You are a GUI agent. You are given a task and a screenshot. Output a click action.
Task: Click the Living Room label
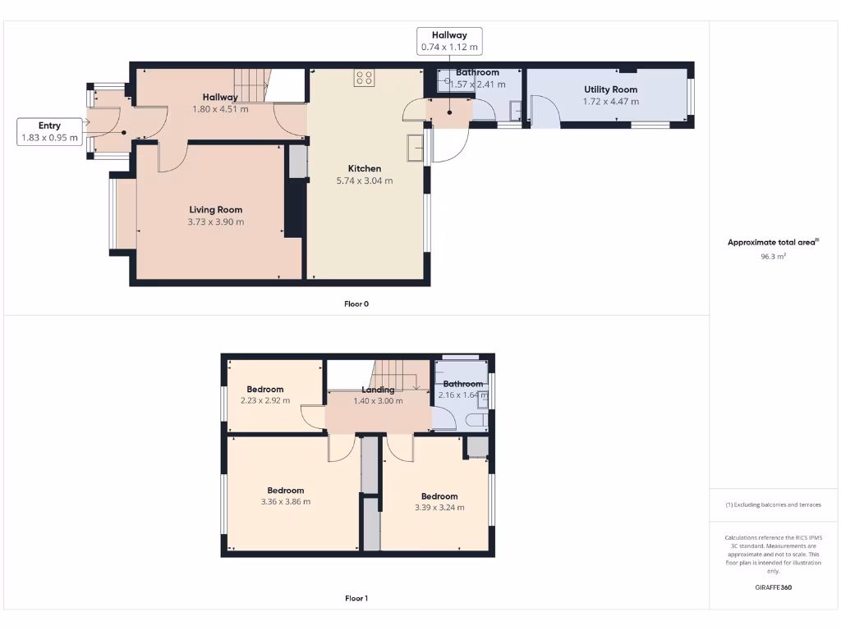216,209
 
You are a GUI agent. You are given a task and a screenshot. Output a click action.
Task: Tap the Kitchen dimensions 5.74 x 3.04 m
365,180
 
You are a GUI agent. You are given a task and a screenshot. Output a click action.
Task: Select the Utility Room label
610,89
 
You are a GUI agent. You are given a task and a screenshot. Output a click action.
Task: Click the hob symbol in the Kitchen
365,78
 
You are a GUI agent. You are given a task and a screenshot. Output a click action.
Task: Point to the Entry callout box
49,131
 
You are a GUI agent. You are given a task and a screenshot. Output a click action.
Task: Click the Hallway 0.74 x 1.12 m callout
449,41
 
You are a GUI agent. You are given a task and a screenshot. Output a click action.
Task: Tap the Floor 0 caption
356,304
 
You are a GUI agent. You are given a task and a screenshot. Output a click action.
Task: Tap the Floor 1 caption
356,599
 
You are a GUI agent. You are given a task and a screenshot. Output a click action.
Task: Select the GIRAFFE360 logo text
773,587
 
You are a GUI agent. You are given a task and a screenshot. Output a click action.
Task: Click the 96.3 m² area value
773,257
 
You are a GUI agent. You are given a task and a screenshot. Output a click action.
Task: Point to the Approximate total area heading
772,242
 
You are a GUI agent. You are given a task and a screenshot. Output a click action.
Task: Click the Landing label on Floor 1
378,390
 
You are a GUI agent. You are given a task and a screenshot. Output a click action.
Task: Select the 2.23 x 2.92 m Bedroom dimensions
264,401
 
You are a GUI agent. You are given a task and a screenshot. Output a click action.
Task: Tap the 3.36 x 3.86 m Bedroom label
285,491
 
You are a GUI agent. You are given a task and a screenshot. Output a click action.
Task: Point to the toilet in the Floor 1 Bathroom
476,421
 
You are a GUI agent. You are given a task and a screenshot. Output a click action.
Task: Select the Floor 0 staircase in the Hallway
252,84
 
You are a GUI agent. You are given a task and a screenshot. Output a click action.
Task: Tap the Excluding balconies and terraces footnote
773,504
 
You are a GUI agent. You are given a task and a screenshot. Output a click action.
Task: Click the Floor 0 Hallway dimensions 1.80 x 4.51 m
220,109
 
